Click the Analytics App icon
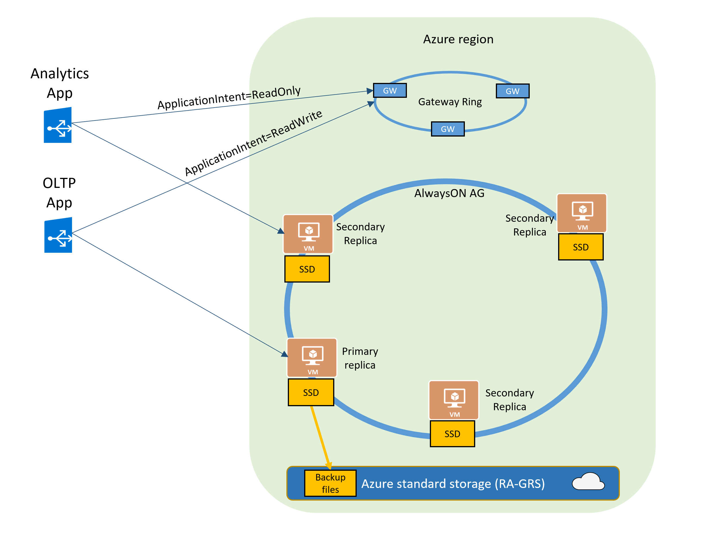coord(57,125)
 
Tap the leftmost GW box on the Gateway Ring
coord(389,91)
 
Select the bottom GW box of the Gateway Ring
coord(448,129)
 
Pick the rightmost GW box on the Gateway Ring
coord(512,91)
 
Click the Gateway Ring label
coord(450,102)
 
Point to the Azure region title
coord(458,39)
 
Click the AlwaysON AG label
coord(449,193)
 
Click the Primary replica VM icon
coord(312,357)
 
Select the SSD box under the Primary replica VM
coord(311,392)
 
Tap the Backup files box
coord(330,483)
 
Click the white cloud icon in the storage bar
coord(588,481)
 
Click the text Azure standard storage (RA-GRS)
coord(453,484)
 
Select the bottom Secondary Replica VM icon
coord(453,400)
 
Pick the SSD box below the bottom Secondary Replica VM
coord(452,434)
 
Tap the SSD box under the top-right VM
coord(580,247)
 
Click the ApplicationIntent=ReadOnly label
coord(229,98)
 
